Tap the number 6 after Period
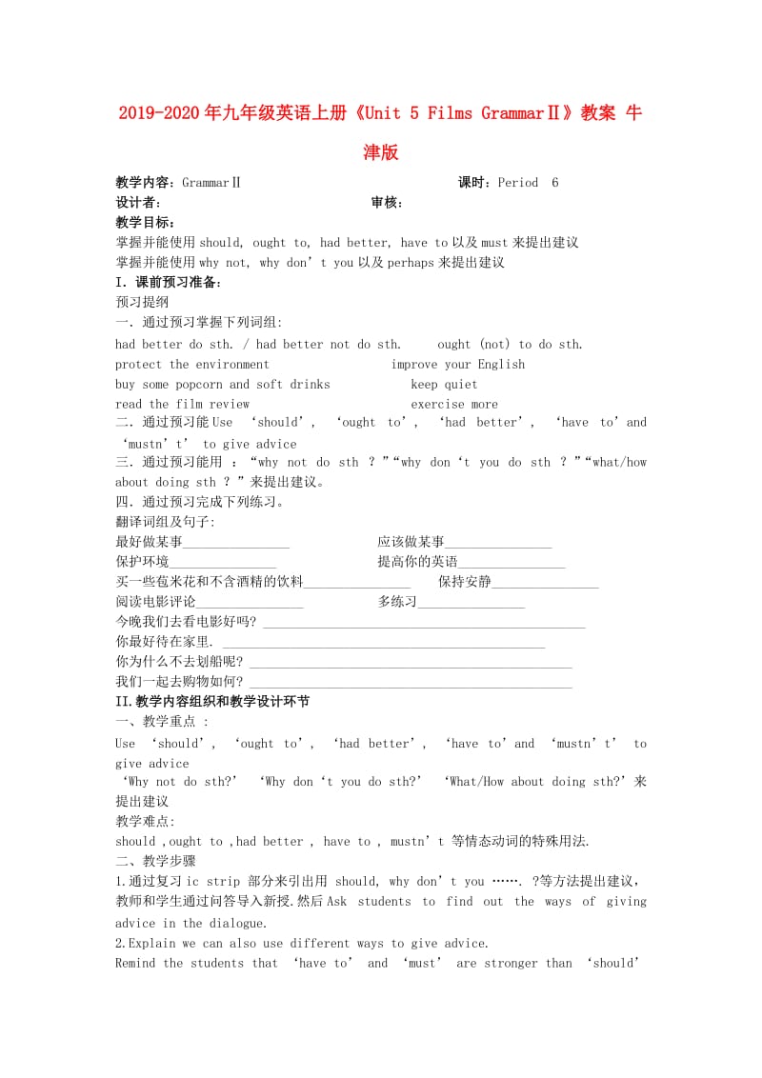[555, 183]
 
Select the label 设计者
[135, 203]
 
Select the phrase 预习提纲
[142, 302]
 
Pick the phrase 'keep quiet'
[444, 385]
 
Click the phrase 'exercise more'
[454, 405]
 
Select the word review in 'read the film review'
[230, 405]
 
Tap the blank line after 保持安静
[545, 582]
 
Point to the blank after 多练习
[471, 602]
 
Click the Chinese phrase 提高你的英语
[417, 562]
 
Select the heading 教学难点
[144, 821]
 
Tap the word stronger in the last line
[511, 963]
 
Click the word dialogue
[234, 923]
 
